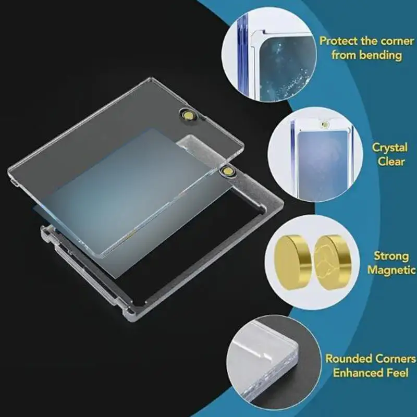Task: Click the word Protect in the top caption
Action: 338,41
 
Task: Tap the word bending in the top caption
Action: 388,55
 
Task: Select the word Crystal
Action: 390,148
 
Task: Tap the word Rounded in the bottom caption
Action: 348,359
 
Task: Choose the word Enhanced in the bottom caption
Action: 357,373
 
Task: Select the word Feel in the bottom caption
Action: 401,373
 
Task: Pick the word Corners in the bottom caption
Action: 394,359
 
